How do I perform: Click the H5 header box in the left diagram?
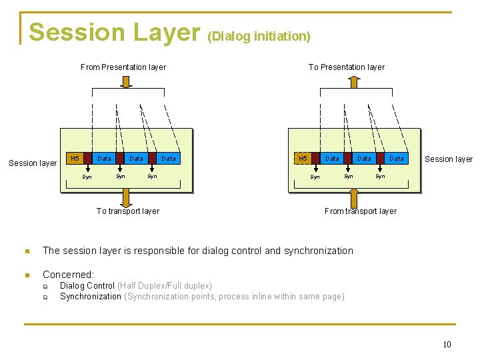tap(75, 159)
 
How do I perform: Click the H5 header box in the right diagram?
tap(303, 159)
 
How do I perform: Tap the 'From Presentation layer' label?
tap(123, 67)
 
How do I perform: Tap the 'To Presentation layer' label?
tap(346, 67)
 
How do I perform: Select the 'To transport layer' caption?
tap(127, 211)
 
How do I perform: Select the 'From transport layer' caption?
tap(360, 211)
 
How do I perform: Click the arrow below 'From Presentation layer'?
tap(126, 81)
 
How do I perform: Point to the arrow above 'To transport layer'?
tap(126, 197)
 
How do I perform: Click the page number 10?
tap(447, 345)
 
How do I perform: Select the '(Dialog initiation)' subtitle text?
tap(259, 36)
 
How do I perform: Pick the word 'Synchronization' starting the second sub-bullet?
tap(91, 297)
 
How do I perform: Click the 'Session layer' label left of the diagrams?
tap(33, 163)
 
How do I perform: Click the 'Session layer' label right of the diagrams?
tap(449, 159)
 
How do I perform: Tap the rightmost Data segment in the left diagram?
tap(169, 159)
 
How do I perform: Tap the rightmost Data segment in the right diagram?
tap(397, 159)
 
